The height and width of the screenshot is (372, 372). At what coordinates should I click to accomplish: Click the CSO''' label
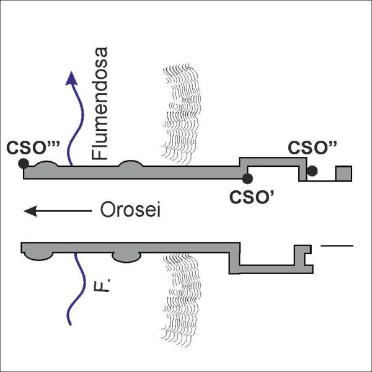point(33,148)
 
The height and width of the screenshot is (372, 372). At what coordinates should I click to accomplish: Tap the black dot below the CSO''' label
point(24,164)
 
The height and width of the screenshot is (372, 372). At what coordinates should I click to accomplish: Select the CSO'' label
point(312,148)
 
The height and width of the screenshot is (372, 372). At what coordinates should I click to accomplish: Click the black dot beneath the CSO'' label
point(312,171)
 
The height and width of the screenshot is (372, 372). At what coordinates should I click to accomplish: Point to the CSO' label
point(252,197)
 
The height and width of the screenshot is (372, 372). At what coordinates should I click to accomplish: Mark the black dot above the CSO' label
point(247,179)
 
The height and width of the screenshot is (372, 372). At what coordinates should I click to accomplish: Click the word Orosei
point(130,210)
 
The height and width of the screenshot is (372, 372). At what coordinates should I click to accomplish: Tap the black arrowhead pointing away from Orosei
point(30,211)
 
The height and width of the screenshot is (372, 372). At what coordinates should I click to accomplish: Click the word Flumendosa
point(100,104)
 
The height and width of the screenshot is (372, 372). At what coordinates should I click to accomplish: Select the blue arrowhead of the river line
point(71,78)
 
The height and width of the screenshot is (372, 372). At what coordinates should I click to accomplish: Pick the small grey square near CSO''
point(343,174)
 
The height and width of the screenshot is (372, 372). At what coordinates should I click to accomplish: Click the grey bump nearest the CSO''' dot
point(46,164)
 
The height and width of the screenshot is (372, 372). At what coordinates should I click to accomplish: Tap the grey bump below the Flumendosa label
point(130,164)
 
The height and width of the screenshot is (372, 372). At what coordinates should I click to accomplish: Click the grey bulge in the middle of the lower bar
point(126,257)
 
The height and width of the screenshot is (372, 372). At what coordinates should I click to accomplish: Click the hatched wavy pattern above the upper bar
point(181,114)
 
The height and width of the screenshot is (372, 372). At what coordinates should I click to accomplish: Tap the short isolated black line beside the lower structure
point(337,246)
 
